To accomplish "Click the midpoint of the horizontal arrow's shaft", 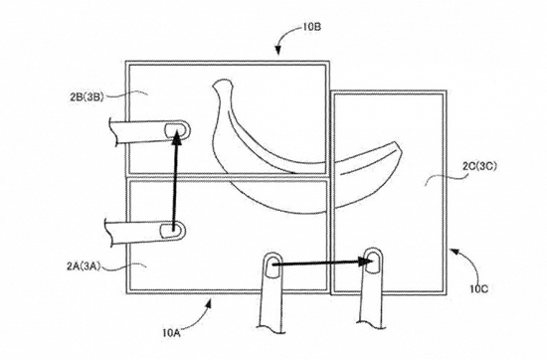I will point(318,265).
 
